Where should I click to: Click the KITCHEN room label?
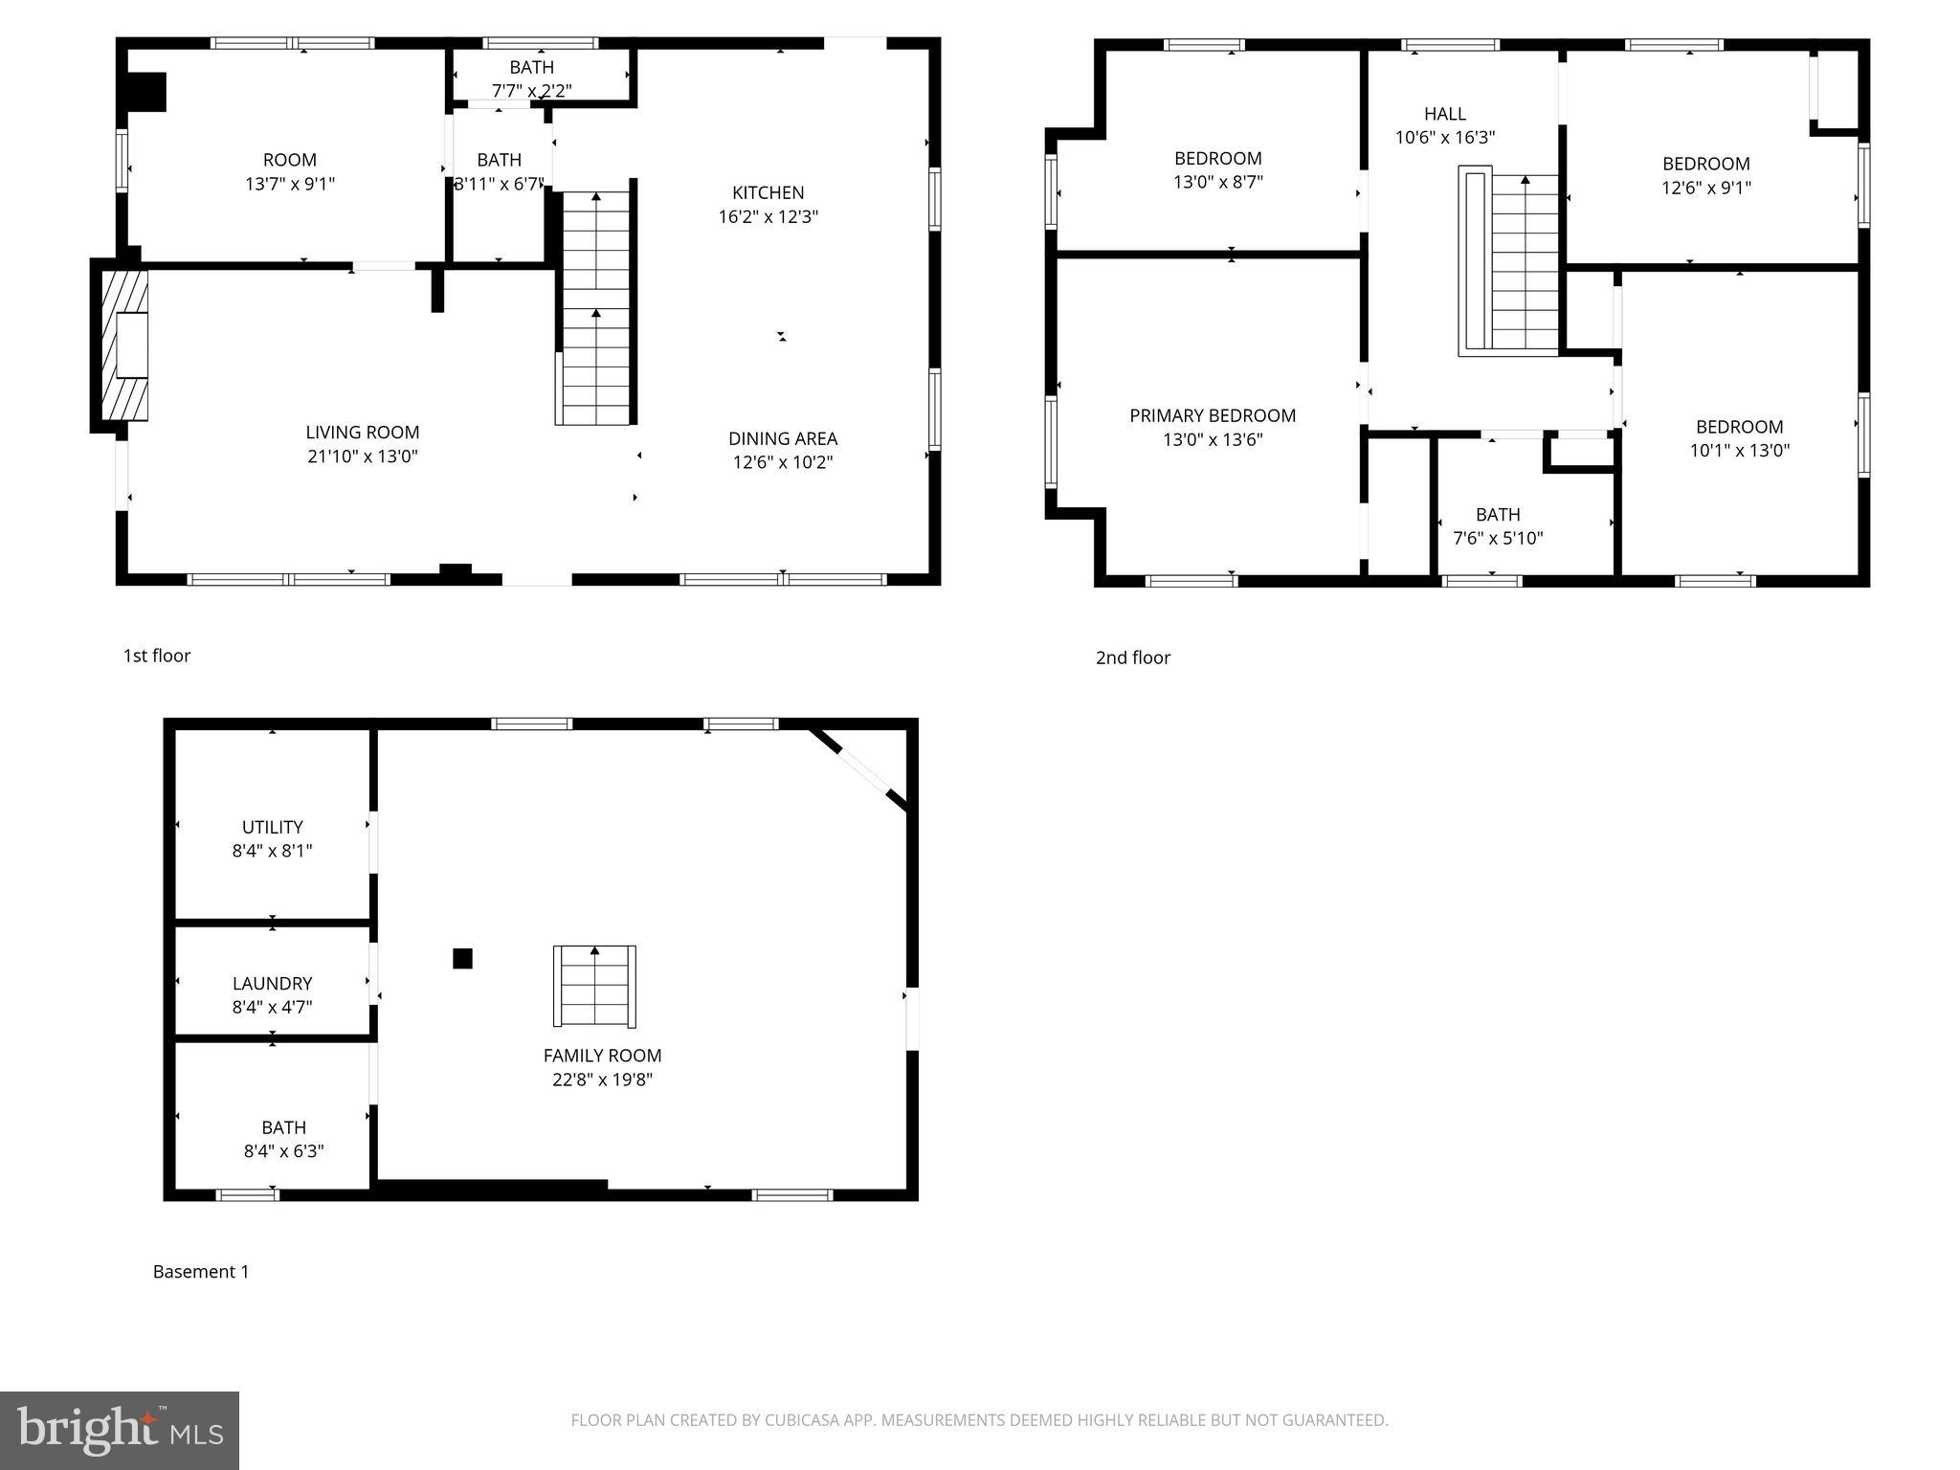pos(768,193)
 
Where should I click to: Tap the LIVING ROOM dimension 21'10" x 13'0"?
pos(363,457)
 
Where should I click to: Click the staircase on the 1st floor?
pos(596,306)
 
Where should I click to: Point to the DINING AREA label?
pos(782,438)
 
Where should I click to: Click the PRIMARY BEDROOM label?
pos(1212,415)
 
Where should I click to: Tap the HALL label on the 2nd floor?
pos(1444,114)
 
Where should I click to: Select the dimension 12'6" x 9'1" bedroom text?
pos(1705,188)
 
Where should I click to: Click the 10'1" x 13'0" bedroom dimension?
pos(1739,451)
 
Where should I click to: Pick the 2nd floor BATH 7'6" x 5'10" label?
pos(1498,526)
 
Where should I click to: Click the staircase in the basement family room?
pos(594,987)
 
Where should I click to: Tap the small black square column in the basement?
pos(462,958)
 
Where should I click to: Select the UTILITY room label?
pos(272,827)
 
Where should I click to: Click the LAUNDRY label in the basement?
pos(272,983)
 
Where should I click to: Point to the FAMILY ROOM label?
pos(602,1056)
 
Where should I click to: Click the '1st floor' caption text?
pos(156,656)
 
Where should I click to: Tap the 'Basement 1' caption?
pos(201,1272)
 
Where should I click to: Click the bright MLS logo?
pos(119,1430)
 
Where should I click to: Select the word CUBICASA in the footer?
pos(802,1420)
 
